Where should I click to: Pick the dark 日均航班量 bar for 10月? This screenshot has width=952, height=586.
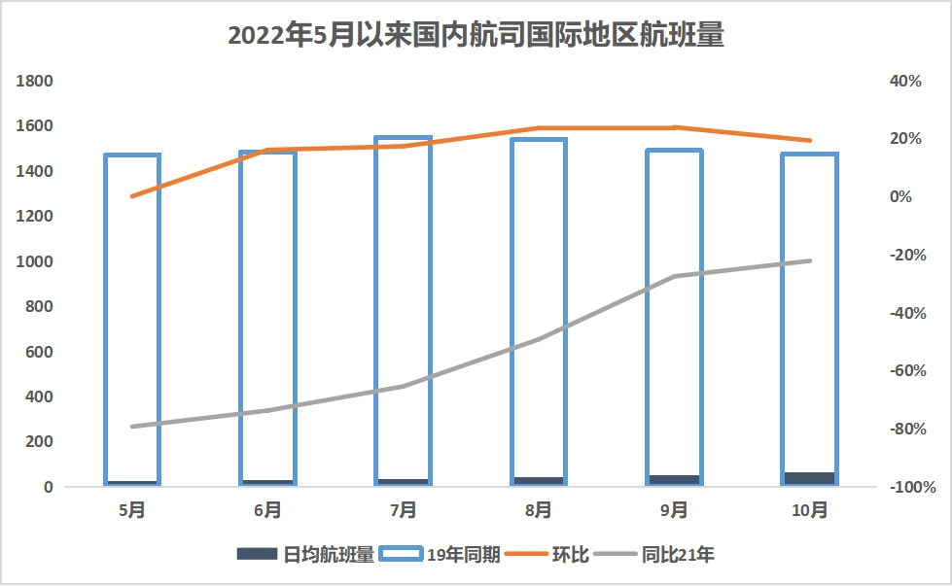point(809,478)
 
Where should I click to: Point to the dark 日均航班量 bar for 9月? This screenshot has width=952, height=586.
point(674,480)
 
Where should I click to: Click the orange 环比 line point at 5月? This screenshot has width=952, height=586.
point(131,196)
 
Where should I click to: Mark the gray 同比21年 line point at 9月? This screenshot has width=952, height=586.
point(674,276)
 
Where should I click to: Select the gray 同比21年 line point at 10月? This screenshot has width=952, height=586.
point(809,260)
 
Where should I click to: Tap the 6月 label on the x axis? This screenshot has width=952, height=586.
point(267,509)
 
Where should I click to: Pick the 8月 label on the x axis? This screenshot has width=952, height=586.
point(538,509)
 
